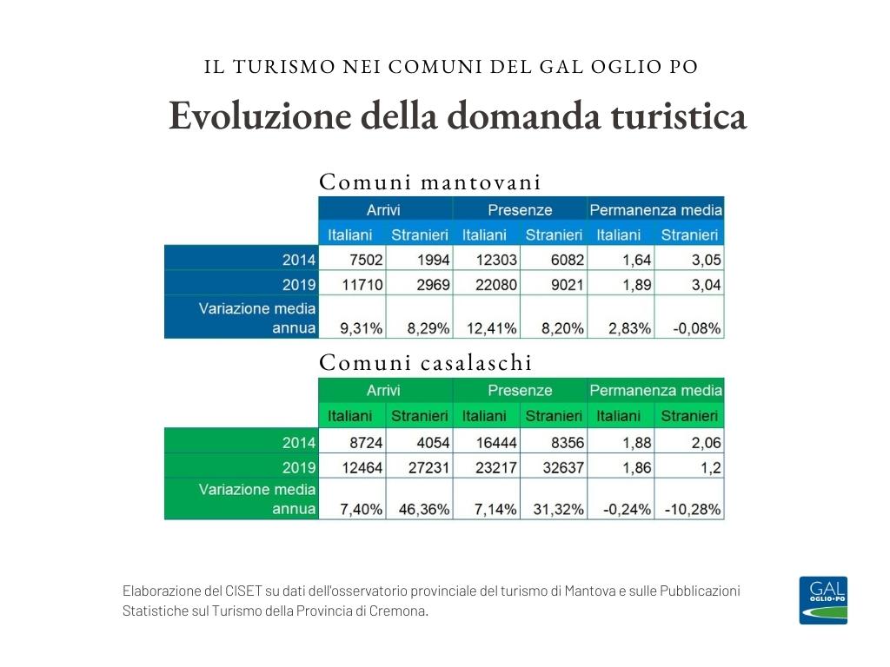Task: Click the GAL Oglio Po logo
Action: tap(822, 600)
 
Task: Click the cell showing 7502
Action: tap(355, 260)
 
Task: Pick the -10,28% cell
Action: tap(692, 510)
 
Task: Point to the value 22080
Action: tap(488, 285)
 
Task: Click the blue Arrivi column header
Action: tap(383, 210)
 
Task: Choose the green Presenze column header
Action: tap(519, 391)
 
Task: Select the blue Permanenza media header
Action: tap(655, 210)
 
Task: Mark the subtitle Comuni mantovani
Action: tap(430, 182)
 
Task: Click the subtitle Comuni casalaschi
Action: tap(426, 362)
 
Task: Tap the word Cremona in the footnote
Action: tap(399, 611)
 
